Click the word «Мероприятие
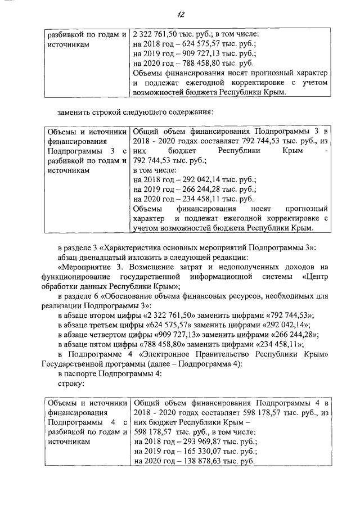83,267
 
